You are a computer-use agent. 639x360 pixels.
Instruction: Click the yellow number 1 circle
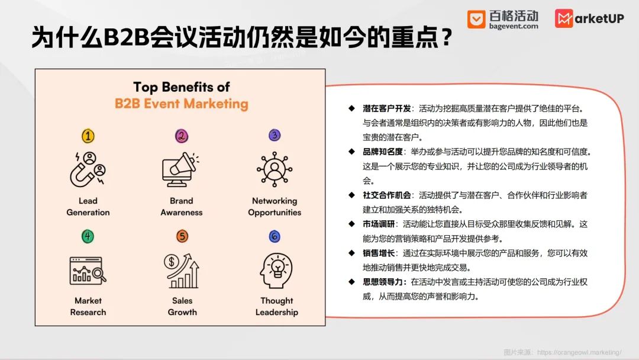(x=88, y=136)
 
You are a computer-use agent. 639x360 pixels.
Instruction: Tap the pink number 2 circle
(x=182, y=136)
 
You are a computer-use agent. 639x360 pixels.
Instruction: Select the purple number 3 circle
(x=275, y=135)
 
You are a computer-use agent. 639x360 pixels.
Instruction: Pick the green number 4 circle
(x=88, y=236)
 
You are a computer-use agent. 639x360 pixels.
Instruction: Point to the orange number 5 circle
(x=182, y=236)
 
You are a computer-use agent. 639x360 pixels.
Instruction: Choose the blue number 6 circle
(x=275, y=236)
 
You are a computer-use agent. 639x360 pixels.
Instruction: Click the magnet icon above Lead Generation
(x=88, y=169)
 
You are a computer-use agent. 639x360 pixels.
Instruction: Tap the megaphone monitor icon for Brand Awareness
(x=180, y=169)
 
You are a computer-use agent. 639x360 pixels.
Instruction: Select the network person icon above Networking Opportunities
(x=275, y=169)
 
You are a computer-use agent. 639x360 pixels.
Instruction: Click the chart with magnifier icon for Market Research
(x=88, y=271)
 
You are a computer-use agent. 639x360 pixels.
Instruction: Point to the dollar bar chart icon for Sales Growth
(x=182, y=271)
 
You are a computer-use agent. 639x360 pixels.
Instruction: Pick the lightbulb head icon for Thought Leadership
(x=276, y=271)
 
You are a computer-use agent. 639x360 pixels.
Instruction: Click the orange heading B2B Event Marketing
(x=182, y=104)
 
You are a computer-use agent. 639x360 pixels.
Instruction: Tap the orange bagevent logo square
(x=476, y=19)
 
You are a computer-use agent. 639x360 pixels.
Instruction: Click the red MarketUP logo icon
(x=564, y=18)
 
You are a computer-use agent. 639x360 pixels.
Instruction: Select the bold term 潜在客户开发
(x=387, y=108)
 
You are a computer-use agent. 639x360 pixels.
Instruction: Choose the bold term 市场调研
(x=379, y=224)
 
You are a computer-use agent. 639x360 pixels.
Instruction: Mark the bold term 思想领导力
(x=383, y=282)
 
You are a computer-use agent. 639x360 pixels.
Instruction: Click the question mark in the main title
(x=447, y=37)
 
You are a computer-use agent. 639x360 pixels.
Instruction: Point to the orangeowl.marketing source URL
(x=579, y=352)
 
